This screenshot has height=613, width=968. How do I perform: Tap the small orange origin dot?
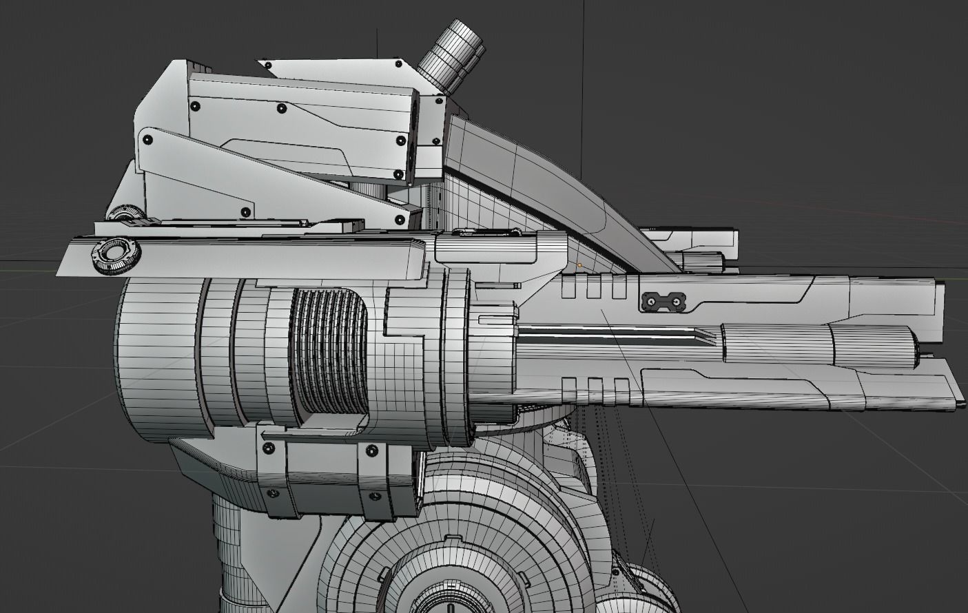[x=579, y=264]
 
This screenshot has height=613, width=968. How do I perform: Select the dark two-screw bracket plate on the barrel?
[x=663, y=301]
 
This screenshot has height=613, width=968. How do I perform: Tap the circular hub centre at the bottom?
[x=448, y=599]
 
